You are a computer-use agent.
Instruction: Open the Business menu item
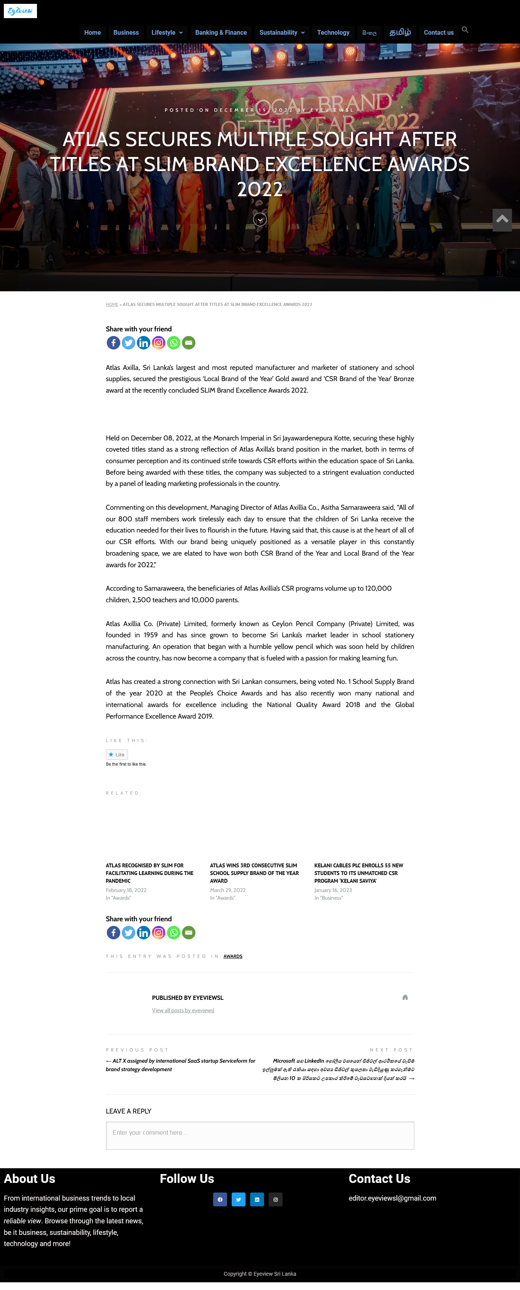click(x=126, y=32)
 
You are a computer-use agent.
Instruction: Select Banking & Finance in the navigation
click(x=221, y=32)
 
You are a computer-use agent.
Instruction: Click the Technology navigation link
click(x=333, y=32)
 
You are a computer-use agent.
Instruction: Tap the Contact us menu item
click(x=438, y=32)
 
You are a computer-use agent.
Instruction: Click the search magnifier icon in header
click(x=465, y=30)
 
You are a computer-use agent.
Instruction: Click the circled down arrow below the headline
click(x=260, y=219)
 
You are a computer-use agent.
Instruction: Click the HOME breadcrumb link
click(x=112, y=304)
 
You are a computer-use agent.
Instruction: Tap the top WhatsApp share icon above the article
click(x=174, y=343)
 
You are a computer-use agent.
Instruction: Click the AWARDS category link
click(x=233, y=956)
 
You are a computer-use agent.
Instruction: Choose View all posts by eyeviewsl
click(x=183, y=1011)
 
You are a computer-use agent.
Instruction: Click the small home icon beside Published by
click(x=405, y=998)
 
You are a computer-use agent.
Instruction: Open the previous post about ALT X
click(x=180, y=1065)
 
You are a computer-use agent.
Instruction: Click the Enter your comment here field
click(x=260, y=1135)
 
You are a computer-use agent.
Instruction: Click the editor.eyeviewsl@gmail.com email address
click(x=392, y=1198)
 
